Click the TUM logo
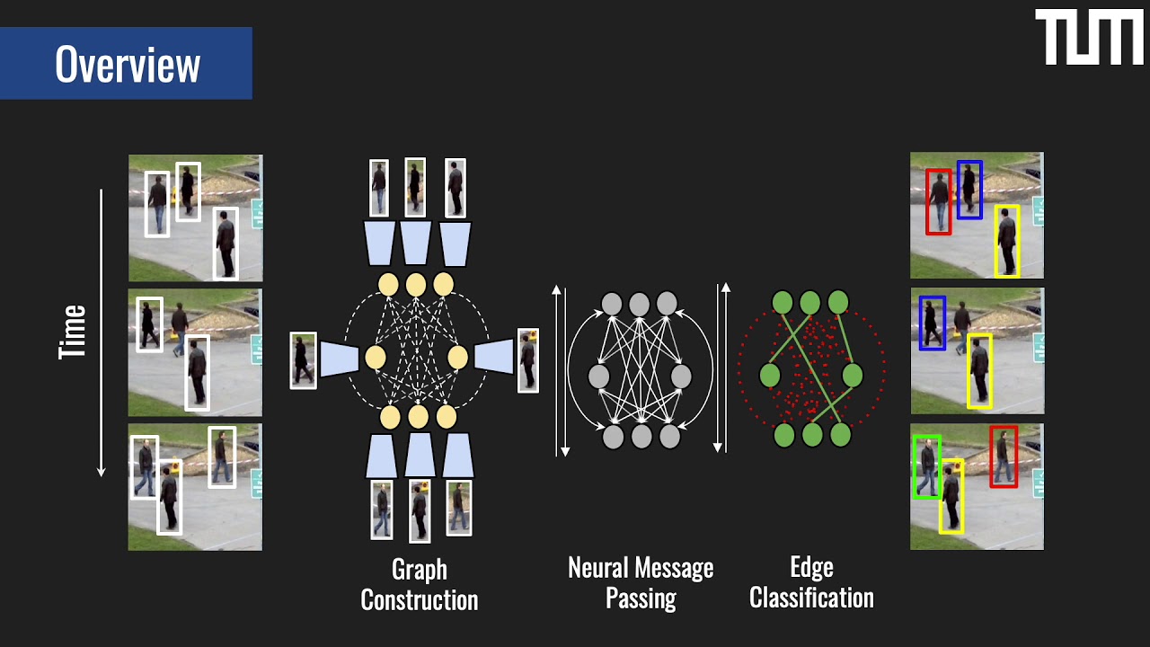coord(1089,38)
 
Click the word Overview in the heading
coord(127,64)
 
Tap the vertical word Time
coord(73,332)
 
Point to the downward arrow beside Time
coord(102,332)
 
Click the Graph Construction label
coord(419,584)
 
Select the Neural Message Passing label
coord(641,582)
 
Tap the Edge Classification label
coord(811,582)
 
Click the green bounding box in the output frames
coord(926,467)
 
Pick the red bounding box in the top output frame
coord(938,202)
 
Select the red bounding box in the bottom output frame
coord(1004,456)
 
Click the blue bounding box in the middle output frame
coord(932,323)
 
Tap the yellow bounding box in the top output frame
coord(1007,240)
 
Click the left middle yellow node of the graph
coord(376,358)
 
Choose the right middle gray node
coord(681,377)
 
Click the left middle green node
coord(770,376)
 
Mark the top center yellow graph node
coord(415,285)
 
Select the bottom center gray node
coord(641,438)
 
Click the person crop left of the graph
coord(303,360)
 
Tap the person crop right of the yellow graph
coord(528,360)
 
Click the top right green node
coord(838,303)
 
